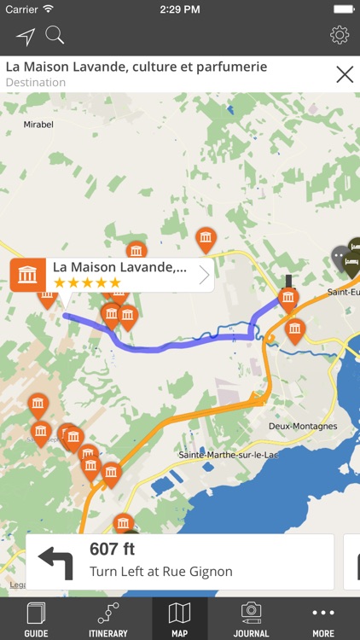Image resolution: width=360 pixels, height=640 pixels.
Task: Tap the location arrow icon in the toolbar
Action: pos(26,36)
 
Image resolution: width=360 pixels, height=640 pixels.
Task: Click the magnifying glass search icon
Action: pos(55,36)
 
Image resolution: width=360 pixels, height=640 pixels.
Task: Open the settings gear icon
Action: pos(340,35)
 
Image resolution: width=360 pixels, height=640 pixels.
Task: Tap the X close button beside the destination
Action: pos(345,74)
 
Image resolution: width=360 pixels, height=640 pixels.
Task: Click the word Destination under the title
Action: pos(36,83)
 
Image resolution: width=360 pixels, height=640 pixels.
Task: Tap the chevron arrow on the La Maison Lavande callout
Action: pos(204,275)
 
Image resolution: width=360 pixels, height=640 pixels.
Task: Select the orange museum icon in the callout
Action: pos(28,275)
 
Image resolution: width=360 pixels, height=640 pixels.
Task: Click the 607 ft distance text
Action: pos(113,550)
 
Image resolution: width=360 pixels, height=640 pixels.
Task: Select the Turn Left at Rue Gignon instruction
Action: pos(160,572)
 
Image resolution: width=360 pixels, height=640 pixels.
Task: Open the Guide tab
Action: pos(36,619)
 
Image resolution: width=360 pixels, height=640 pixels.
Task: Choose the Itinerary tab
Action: pos(107,619)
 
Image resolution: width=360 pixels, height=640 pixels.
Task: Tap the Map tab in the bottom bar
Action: pos(179,619)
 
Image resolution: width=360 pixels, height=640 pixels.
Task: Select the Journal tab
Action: pos(251,619)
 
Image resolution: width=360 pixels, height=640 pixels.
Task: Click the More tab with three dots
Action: pos(323,619)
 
